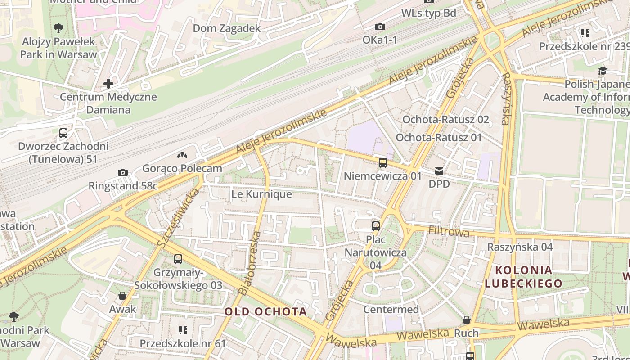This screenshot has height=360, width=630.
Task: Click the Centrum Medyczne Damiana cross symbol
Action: click(x=108, y=84)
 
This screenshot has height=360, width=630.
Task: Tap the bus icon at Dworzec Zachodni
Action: click(x=63, y=133)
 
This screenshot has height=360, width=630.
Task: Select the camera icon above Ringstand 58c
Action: click(x=122, y=173)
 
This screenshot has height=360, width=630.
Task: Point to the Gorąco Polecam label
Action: click(x=182, y=168)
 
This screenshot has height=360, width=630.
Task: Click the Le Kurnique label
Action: click(x=261, y=194)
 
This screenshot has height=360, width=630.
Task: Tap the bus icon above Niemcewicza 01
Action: click(x=383, y=163)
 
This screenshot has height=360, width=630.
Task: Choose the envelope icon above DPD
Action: click(x=439, y=171)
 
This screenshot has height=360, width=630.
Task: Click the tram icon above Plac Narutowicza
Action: click(x=376, y=226)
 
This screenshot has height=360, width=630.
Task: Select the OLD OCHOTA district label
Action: click(x=266, y=311)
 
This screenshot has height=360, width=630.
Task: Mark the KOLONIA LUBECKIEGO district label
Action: click(x=524, y=276)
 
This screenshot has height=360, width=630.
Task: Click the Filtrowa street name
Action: click(x=449, y=232)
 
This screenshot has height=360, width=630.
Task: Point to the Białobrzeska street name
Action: click(x=249, y=263)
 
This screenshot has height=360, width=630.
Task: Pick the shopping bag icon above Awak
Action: click(x=122, y=296)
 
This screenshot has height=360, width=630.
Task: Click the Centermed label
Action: click(x=391, y=310)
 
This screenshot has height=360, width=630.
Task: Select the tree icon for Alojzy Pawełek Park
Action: click(x=58, y=29)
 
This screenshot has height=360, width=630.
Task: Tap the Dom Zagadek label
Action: click(x=227, y=28)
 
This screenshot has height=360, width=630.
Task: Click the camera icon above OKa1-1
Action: click(x=380, y=27)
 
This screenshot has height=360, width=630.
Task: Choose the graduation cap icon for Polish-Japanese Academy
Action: click(x=603, y=71)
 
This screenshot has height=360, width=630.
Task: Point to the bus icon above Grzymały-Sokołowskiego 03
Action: click(x=178, y=259)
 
